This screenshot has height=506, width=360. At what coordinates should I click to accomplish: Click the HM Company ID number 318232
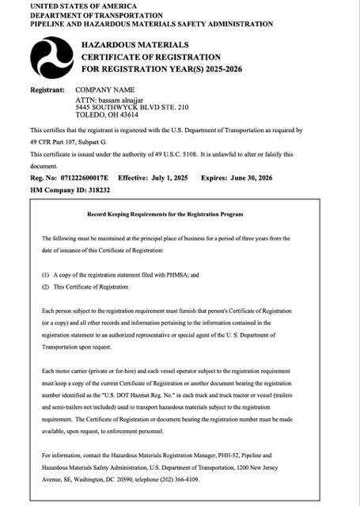tap(109, 191)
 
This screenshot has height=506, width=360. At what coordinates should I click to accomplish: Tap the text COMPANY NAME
tap(105, 91)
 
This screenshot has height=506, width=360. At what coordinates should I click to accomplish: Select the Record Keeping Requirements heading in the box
tap(176, 215)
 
